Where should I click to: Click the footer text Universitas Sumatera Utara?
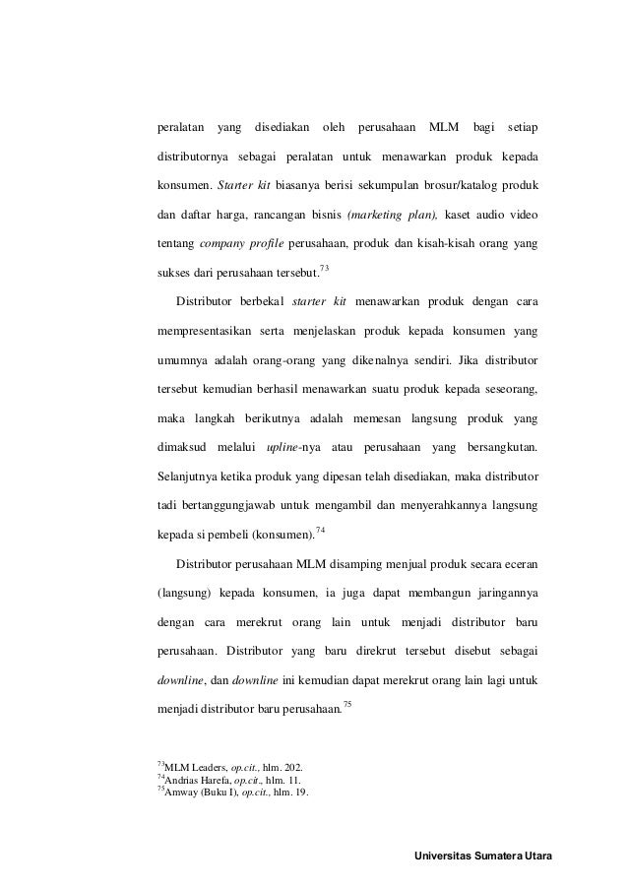(x=484, y=855)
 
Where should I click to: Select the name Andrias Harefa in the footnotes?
(x=197, y=779)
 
